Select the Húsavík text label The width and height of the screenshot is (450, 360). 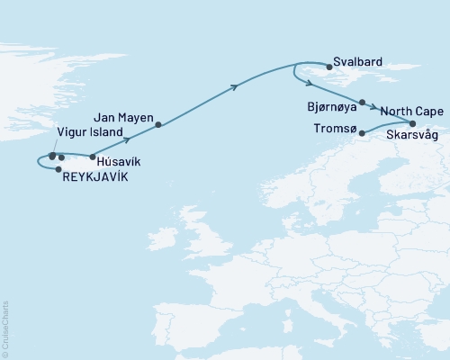pos(116,162)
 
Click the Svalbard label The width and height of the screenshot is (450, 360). pos(357,62)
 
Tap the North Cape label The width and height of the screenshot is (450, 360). pos(409,111)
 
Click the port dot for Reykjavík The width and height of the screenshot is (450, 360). pos(58,169)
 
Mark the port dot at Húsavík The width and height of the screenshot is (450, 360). pos(93,157)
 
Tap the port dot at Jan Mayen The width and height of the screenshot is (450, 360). pos(158,124)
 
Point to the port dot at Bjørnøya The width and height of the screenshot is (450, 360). pos(362,103)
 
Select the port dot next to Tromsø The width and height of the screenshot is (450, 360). pos(363,134)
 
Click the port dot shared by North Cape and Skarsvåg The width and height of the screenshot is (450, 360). pos(413,123)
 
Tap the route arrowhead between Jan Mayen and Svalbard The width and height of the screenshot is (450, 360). pos(236,86)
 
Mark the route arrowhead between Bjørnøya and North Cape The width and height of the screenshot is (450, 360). pos(372,107)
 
